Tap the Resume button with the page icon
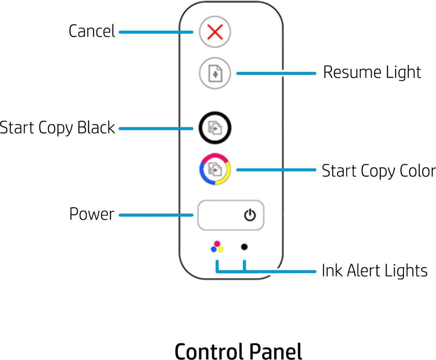click(215, 73)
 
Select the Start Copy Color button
click(215, 170)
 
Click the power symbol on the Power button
click(250, 215)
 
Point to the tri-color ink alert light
click(217, 247)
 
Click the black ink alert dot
click(244, 247)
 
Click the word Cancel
click(92, 31)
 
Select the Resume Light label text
click(372, 72)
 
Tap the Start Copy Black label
click(57, 128)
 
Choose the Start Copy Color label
click(378, 171)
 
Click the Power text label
click(92, 214)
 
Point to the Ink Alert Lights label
click(374, 271)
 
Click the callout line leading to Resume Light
click(276, 73)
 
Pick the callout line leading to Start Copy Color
click(276, 170)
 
